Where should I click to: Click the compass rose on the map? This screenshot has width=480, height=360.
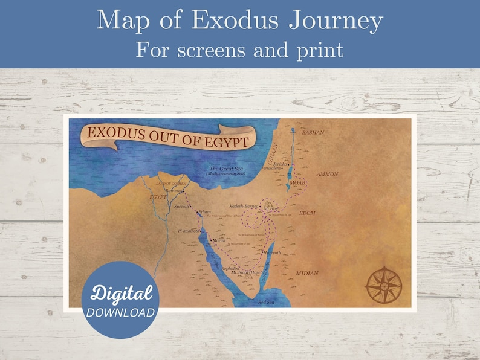click(384, 284)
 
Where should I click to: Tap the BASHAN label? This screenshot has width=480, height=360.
click(313, 132)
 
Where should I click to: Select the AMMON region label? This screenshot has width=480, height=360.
click(326, 174)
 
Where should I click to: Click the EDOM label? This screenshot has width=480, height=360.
click(306, 213)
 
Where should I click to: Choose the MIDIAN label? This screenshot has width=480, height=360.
click(306, 273)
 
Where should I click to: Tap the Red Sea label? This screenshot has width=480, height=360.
click(267, 301)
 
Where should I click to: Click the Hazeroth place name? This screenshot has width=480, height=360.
click(272, 252)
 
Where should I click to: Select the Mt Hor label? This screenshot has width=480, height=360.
click(271, 208)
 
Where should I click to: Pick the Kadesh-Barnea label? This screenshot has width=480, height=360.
click(244, 206)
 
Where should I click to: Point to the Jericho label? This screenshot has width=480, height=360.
click(279, 164)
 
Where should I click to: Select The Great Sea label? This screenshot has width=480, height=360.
click(221, 169)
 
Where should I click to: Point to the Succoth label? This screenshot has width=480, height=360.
click(181, 206)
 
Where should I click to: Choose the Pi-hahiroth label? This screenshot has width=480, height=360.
click(187, 231)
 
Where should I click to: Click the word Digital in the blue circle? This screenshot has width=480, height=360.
click(121, 294)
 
